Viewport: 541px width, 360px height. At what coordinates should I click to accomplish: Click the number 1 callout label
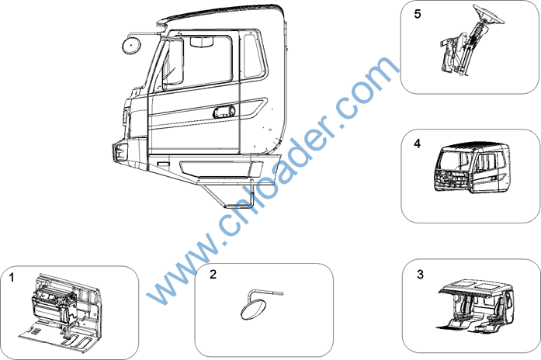(12, 278)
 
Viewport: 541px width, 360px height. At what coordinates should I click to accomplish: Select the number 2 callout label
(213, 275)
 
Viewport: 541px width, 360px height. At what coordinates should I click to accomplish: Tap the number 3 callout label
(420, 275)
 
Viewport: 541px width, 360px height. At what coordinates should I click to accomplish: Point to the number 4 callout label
(417, 144)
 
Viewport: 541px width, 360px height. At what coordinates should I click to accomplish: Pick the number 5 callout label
(418, 14)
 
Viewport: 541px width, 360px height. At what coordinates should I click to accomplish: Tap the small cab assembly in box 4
(471, 167)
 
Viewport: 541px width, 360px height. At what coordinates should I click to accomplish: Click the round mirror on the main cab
(131, 46)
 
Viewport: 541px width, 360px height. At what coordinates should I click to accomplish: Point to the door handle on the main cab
(224, 112)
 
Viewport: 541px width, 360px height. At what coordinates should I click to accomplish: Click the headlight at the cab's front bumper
(120, 152)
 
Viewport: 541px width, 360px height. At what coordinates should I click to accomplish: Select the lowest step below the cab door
(239, 206)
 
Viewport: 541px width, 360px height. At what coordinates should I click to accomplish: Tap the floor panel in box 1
(55, 336)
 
